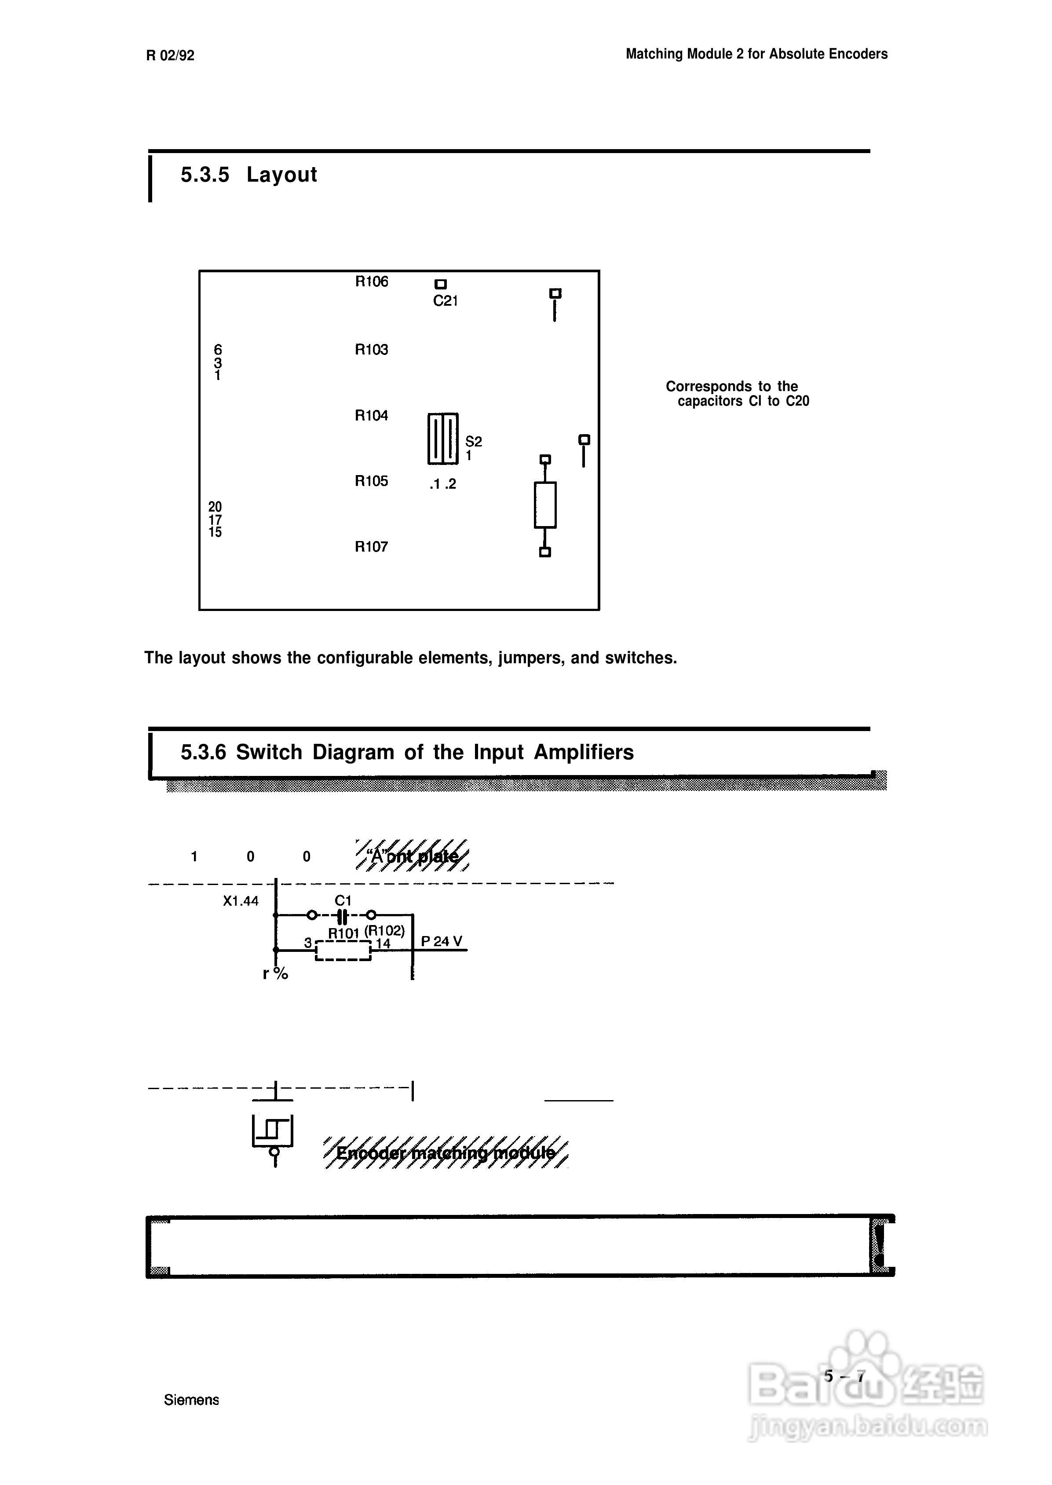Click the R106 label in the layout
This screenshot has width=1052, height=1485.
(371, 281)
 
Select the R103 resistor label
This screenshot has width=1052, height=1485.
(371, 350)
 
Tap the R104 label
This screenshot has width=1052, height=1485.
(371, 415)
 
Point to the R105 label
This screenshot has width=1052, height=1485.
(371, 481)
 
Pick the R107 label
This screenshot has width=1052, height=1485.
(371, 547)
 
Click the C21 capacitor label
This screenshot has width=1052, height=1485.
(445, 300)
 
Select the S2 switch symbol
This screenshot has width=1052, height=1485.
(443, 439)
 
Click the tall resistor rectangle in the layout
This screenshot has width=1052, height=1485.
(545, 505)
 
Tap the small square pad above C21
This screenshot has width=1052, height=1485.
(441, 284)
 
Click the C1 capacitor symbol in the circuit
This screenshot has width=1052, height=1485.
(342, 915)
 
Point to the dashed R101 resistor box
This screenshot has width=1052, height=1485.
(343, 951)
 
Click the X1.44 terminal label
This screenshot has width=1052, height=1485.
(240, 900)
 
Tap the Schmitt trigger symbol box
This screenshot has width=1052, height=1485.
(273, 1130)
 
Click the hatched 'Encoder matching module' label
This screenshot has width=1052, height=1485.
(446, 1152)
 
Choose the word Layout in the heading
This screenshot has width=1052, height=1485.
(282, 174)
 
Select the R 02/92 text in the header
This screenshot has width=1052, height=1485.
(170, 56)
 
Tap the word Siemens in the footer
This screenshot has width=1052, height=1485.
(191, 1400)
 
